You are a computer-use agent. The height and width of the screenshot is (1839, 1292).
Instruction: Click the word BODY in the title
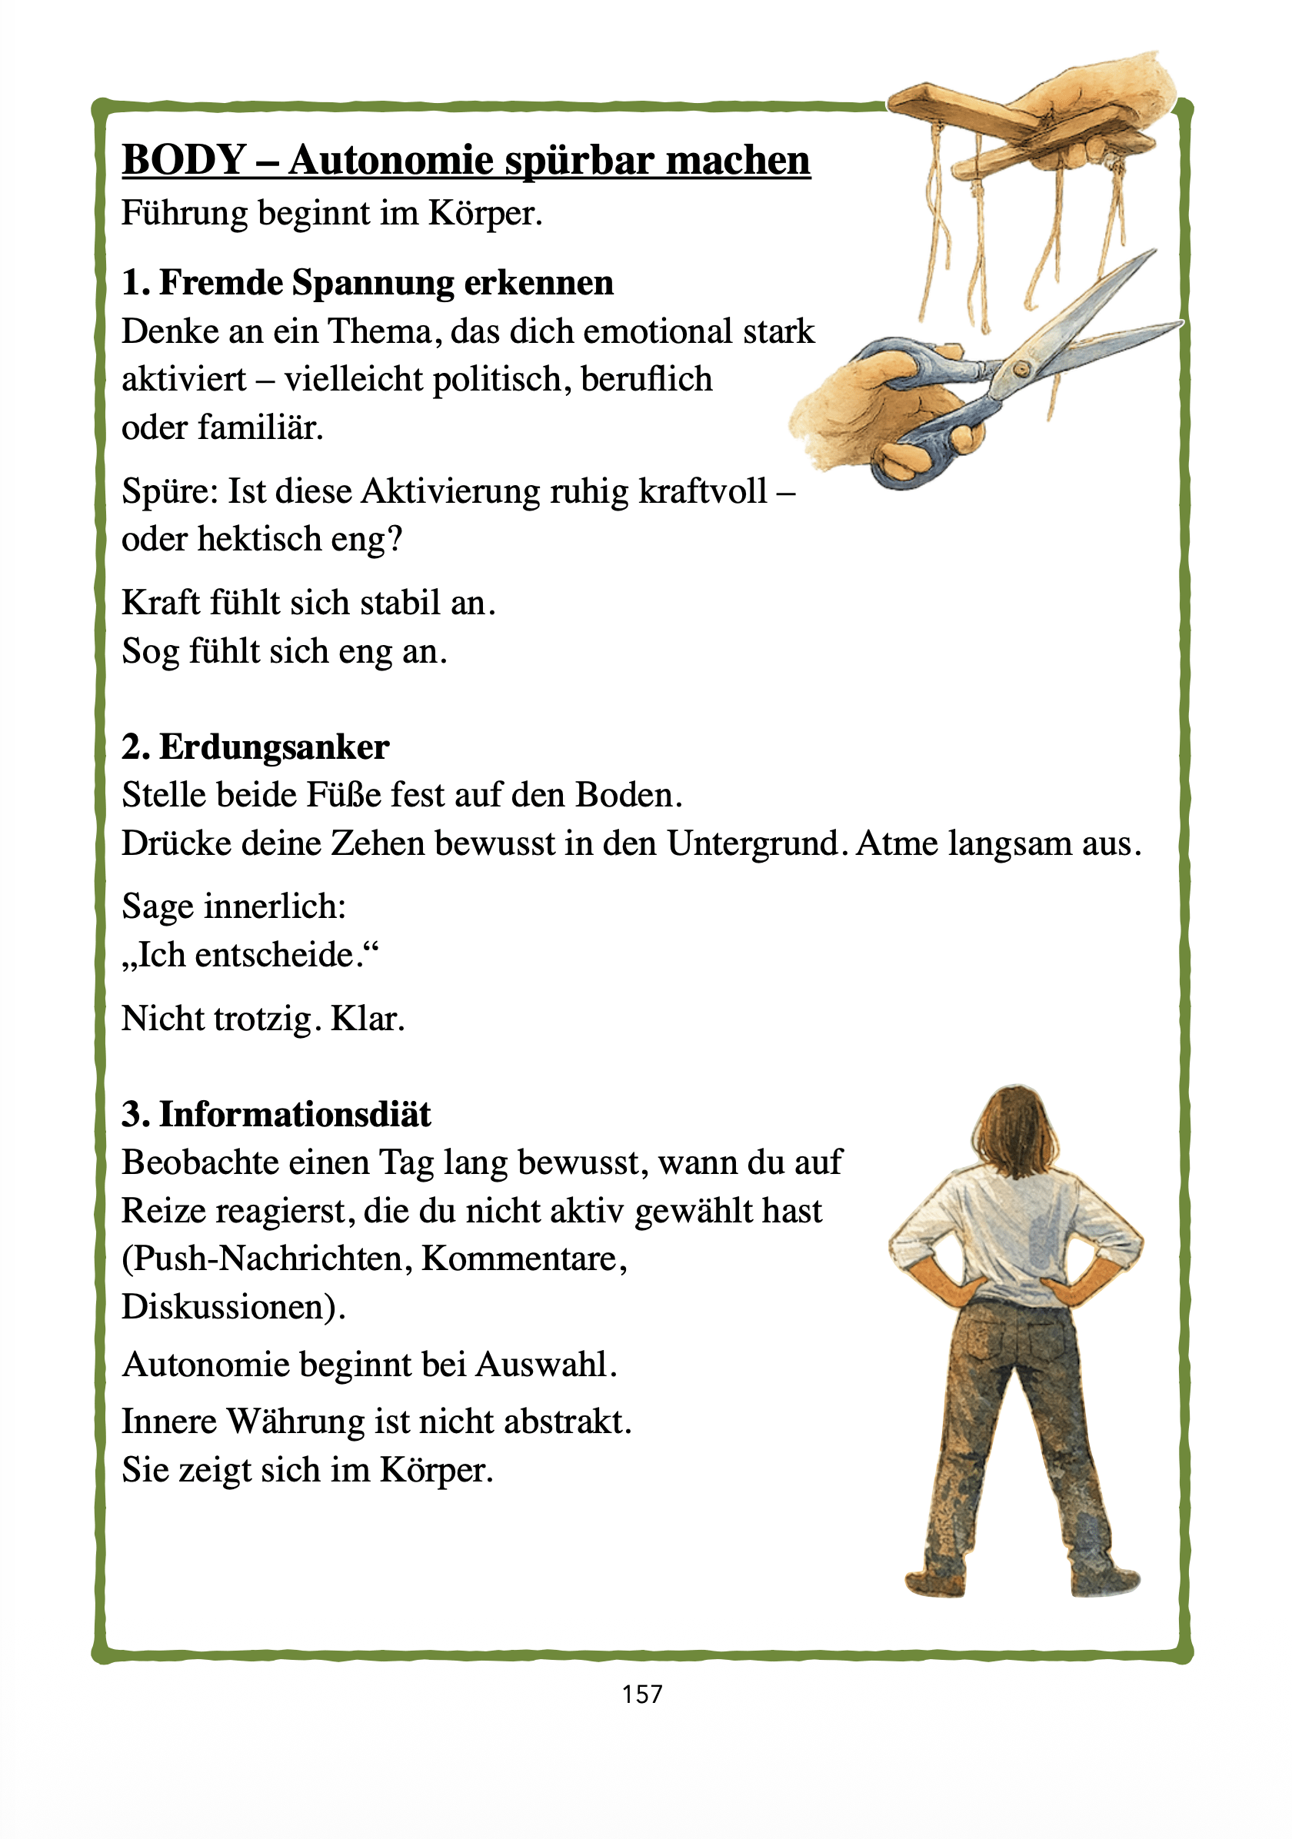coord(184,159)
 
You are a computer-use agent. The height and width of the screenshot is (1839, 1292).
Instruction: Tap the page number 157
coord(641,1694)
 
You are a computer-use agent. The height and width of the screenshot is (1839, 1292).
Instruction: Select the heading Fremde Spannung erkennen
coord(386,283)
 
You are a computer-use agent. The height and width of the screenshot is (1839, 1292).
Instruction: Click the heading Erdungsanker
coord(274,747)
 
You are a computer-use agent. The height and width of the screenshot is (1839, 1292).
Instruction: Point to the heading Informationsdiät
coord(295,1114)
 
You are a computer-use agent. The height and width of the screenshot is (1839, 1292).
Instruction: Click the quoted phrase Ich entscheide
coord(250,955)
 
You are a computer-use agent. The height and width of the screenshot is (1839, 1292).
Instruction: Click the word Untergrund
coord(752,843)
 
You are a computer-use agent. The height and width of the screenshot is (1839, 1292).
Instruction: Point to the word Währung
coord(296,1422)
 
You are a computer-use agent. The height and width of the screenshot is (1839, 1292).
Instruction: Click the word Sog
coord(150,652)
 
